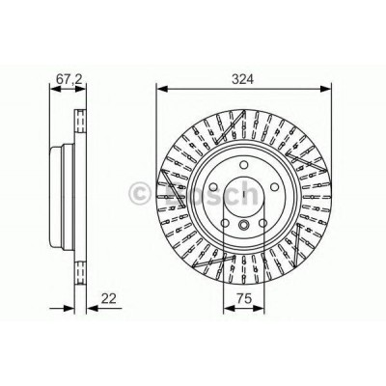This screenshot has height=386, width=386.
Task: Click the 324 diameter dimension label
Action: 243,79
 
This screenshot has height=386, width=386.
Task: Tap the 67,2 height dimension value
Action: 69,80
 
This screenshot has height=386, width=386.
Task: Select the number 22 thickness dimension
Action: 108,298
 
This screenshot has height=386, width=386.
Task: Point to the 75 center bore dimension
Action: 243,298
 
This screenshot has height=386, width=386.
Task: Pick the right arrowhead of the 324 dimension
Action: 324,89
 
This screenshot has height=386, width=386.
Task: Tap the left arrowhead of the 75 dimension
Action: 230,309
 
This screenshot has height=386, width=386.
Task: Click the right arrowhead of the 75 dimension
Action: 258,309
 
